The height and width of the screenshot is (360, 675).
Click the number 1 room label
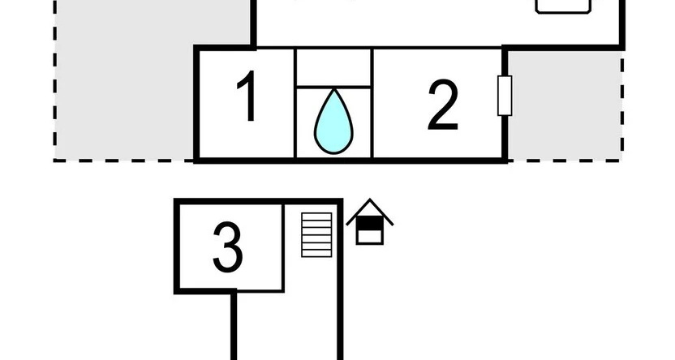(248, 96)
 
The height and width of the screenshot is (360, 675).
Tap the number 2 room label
(442, 105)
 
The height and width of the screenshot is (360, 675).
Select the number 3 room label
(228, 247)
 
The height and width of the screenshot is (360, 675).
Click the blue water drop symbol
(333, 122)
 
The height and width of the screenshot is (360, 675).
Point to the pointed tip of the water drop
(334, 89)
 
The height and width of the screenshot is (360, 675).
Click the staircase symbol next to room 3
(316, 235)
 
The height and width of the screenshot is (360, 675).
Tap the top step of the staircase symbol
(316, 216)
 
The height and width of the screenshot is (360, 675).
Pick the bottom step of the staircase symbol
(316, 254)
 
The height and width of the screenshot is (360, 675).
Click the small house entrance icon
(370, 221)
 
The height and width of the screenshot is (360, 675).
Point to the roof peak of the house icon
(370, 199)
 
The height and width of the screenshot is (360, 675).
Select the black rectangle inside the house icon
(370, 223)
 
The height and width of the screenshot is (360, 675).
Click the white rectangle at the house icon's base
(370, 237)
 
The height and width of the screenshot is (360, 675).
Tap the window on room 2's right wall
(505, 96)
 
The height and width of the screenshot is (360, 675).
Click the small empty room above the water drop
(333, 67)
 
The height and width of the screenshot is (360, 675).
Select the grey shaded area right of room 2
(565, 105)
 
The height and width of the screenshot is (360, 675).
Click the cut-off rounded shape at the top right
(563, 6)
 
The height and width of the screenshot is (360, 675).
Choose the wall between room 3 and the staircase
(283, 247)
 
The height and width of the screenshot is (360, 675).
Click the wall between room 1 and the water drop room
(295, 103)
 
